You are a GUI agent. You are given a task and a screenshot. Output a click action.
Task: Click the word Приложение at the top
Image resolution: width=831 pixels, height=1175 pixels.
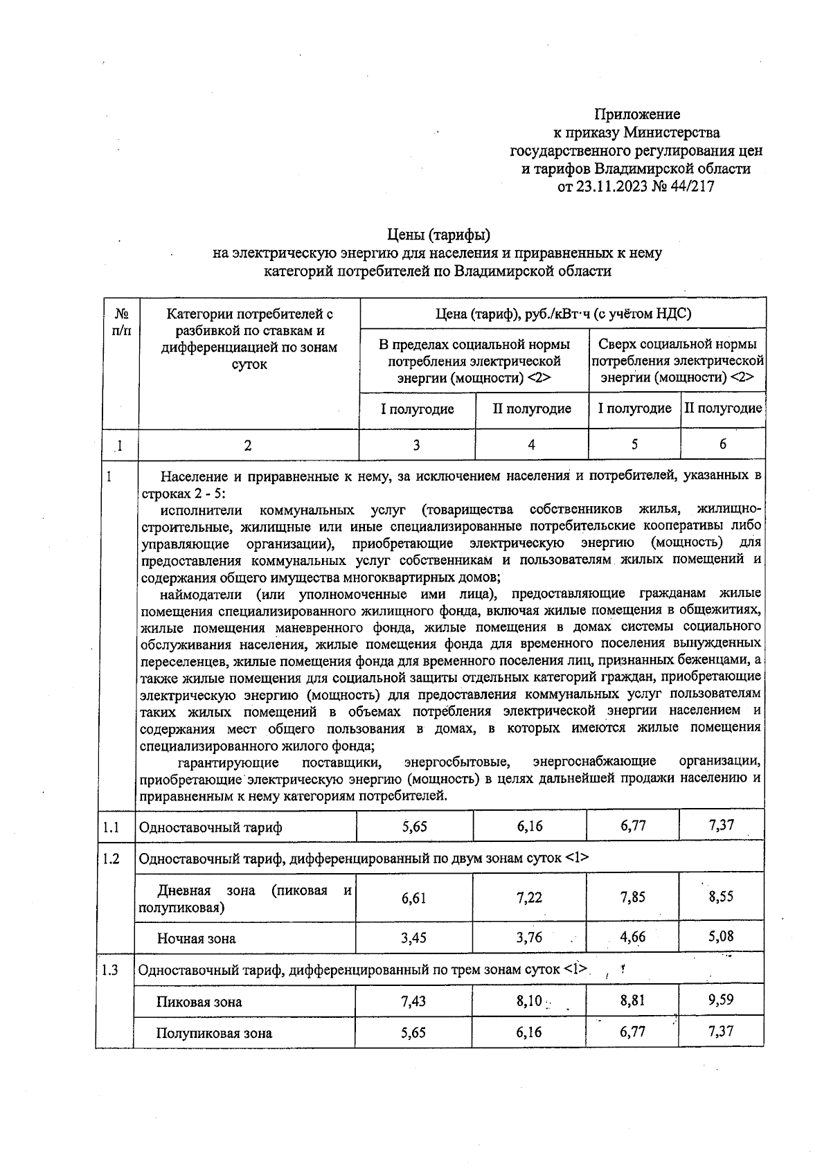[x=637, y=114]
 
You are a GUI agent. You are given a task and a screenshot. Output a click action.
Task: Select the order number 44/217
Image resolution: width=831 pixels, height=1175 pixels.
[x=690, y=186]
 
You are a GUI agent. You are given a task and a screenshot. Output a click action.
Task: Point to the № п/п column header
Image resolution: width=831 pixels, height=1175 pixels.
[x=121, y=322]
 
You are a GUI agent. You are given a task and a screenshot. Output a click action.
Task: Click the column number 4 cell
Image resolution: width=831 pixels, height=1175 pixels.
[x=531, y=445]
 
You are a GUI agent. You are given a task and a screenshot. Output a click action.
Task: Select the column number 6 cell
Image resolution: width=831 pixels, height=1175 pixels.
[x=722, y=445]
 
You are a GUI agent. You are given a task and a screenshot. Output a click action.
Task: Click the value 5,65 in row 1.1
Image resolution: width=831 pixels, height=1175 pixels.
[x=415, y=825]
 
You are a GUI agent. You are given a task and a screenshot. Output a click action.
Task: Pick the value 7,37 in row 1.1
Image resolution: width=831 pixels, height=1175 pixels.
[x=721, y=825]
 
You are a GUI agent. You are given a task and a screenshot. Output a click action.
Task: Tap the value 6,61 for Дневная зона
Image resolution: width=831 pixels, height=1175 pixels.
[x=414, y=898]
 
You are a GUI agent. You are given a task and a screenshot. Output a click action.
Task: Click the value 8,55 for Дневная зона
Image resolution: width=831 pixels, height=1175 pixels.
[x=721, y=896]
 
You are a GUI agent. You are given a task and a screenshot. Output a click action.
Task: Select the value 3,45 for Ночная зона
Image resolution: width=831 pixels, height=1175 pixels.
[x=414, y=938]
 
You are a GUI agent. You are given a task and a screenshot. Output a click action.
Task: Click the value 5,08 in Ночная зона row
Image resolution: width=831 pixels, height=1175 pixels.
[x=721, y=936]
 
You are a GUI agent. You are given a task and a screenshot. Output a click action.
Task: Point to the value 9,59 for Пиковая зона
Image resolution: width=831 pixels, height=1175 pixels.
[x=721, y=1000]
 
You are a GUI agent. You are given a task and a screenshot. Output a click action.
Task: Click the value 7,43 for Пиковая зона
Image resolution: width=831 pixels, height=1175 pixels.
[x=414, y=1001]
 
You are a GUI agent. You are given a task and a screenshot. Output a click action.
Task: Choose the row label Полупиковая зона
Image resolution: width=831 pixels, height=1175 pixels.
[x=214, y=1033]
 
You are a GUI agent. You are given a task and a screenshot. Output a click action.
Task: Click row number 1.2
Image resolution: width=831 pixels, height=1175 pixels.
[x=111, y=859]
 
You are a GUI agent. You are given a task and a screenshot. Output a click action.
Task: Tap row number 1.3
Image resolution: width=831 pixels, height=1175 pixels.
[x=110, y=969]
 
